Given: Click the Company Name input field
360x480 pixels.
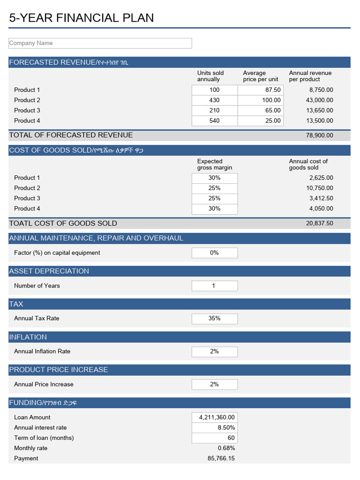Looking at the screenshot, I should pyautogui.click(x=100, y=43).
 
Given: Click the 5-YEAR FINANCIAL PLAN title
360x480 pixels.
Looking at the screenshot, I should pyautogui.click(x=82, y=18).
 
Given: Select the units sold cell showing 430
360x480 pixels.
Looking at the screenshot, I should pyautogui.click(x=214, y=100).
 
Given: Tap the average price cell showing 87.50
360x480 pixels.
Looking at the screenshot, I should pyautogui.click(x=261, y=90).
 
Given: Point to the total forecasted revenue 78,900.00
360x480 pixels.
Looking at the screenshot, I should pyautogui.click(x=320, y=135).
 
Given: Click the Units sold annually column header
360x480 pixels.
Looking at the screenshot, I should pyautogui.click(x=210, y=76).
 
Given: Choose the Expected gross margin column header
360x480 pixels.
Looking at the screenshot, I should pyautogui.click(x=214, y=165).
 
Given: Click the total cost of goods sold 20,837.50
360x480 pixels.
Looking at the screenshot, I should pyautogui.click(x=320, y=224).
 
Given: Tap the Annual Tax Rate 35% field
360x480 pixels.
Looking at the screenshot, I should pyautogui.click(x=214, y=319).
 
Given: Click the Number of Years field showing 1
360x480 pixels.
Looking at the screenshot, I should pyautogui.click(x=214, y=286).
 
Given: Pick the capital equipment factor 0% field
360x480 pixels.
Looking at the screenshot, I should pyautogui.click(x=214, y=253).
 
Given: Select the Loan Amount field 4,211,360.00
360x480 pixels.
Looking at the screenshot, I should pyautogui.click(x=214, y=417).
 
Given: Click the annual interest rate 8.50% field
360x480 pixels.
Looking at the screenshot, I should pyautogui.click(x=214, y=427).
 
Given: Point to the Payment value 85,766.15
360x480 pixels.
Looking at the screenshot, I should pyautogui.click(x=221, y=458).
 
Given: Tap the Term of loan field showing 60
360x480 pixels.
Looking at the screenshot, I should pyautogui.click(x=214, y=438).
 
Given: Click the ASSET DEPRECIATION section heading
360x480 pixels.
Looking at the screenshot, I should pyautogui.click(x=49, y=271).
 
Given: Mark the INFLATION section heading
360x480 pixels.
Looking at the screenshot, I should pyautogui.click(x=28, y=337).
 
